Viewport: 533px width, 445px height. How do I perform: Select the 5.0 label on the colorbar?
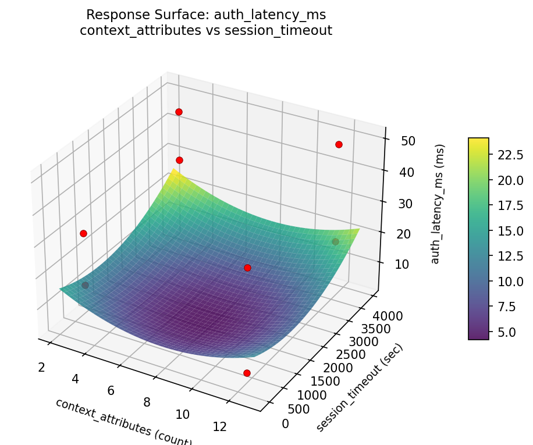[x=504, y=332]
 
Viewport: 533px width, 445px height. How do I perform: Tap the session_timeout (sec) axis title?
[x=360, y=388]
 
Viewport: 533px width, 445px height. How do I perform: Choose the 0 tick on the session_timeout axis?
[x=285, y=423]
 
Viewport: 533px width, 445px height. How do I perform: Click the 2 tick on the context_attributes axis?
[x=42, y=367]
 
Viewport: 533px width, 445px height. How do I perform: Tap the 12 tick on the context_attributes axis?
[x=219, y=427]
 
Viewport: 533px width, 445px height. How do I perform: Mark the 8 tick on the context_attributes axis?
[x=147, y=402]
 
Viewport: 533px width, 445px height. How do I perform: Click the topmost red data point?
[x=179, y=112]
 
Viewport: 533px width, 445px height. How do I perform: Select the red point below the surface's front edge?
[x=247, y=373]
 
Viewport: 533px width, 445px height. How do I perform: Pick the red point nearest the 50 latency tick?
[x=339, y=144]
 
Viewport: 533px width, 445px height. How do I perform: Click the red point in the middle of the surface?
[x=247, y=268]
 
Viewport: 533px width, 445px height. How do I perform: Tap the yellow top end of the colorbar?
[x=479, y=141]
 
